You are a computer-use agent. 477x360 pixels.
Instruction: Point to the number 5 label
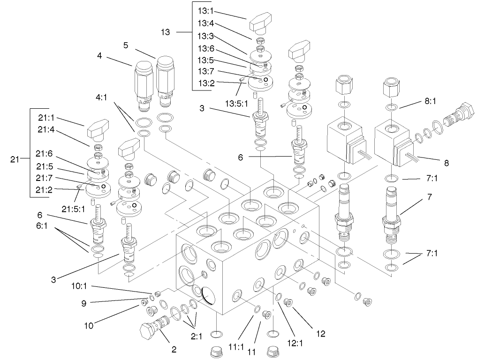pos(126,45)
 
